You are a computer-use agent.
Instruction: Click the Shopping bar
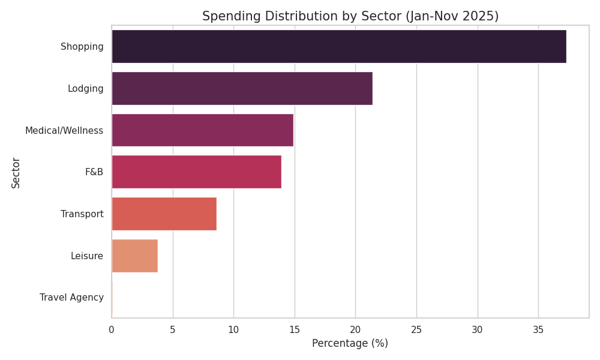coord(338,46)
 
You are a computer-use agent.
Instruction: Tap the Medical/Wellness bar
coord(202,130)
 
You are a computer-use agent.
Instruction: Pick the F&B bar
coord(196,172)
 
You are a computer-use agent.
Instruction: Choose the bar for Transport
coord(164,214)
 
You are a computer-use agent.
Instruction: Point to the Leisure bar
coord(134,256)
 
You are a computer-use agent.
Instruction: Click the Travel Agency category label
coord(71,298)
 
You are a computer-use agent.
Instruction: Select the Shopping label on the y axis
coord(82,47)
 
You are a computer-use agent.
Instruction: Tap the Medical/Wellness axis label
coord(64,130)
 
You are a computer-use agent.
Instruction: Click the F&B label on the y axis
coord(94,172)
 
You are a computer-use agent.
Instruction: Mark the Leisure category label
coord(86,256)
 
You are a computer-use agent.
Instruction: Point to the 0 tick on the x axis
coord(112,329)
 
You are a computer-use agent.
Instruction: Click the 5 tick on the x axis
coord(173,329)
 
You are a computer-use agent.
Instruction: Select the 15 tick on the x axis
coord(295,329)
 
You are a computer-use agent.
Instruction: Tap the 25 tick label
coord(416,329)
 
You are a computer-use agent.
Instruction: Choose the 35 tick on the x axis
coord(538,329)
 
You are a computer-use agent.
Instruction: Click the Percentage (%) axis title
coord(350,343)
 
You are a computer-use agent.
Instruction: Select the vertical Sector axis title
coord(16,172)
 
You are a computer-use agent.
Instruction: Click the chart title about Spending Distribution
coord(350,16)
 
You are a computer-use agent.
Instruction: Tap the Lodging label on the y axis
coord(85,89)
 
